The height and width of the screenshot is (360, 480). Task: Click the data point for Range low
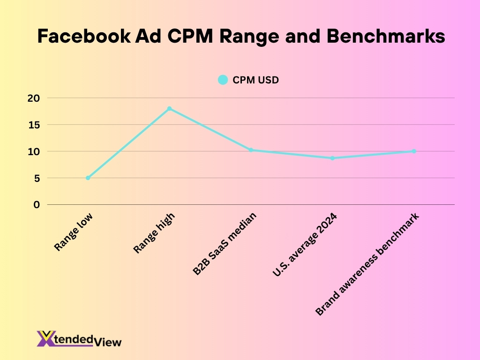pos(88,178)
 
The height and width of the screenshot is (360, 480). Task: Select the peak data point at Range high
pos(169,108)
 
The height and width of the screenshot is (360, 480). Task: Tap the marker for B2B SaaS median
pos(251,150)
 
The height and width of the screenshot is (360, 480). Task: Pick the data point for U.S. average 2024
pos(332,158)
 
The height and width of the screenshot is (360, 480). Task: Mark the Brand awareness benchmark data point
pos(414,151)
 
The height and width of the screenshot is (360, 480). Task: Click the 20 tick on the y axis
pos(36,98)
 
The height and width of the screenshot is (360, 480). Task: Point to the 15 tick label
pos(36,125)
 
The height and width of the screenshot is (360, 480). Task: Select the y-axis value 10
pos(36,151)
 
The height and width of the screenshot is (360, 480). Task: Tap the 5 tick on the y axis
pos(37,178)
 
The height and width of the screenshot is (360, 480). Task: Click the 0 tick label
pos(37,205)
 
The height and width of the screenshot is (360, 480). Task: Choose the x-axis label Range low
pos(74,232)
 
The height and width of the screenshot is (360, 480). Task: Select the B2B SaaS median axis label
pos(225,244)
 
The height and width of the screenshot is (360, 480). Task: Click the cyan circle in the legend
pos(223,80)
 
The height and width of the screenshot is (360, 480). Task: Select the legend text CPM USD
pos(255,80)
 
